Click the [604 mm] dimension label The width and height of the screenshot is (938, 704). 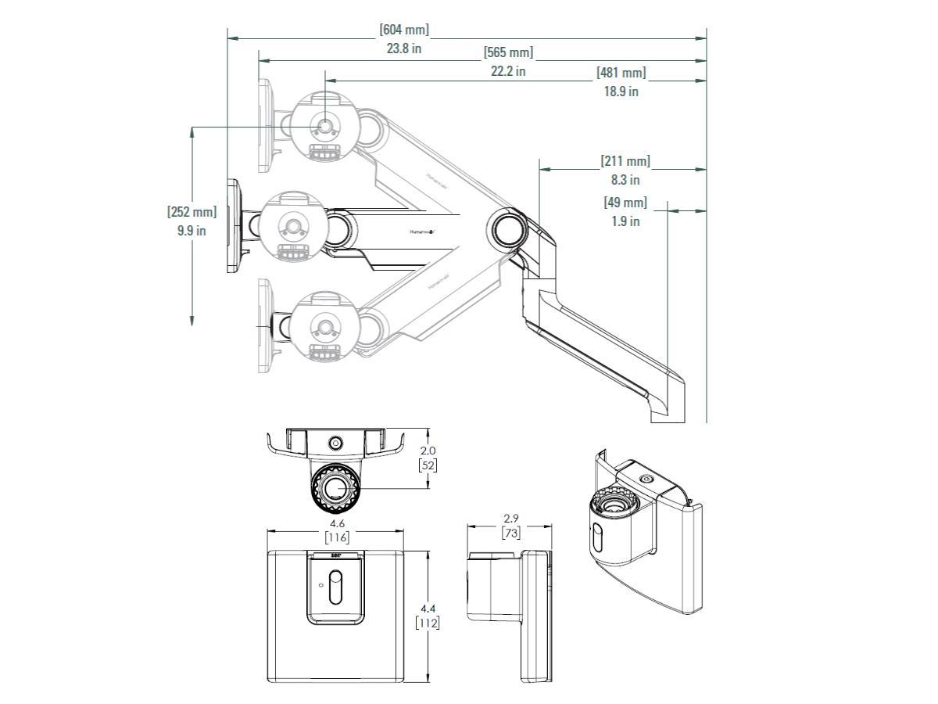click(x=404, y=30)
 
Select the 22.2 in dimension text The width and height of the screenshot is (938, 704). click(x=508, y=71)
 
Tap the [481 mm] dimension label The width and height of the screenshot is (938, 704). click(x=621, y=73)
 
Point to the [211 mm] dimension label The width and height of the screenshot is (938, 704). click(x=625, y=161)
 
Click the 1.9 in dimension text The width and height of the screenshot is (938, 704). click(x=625, y=221)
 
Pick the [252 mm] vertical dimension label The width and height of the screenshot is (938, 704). click(x=192, y=212)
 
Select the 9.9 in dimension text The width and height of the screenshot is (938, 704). click(x=192, y=230)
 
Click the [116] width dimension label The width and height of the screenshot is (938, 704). click(x=337, y=537)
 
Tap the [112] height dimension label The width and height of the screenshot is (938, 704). click(x=427, y=623)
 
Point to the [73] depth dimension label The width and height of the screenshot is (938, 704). click(x=510, y=533)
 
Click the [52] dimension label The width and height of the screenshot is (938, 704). click(x=428, y=465)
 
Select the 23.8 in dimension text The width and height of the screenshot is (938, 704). click(x=404, y=48)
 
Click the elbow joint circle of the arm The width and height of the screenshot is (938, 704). click(x=507, y=228)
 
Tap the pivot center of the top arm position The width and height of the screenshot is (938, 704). click(x=325, y=126)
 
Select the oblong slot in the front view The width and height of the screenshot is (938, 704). click(x=335, y=587)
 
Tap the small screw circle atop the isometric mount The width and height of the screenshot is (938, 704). click(x=646, y=480)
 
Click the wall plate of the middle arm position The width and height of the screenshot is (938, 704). click(x=233, y=226)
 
